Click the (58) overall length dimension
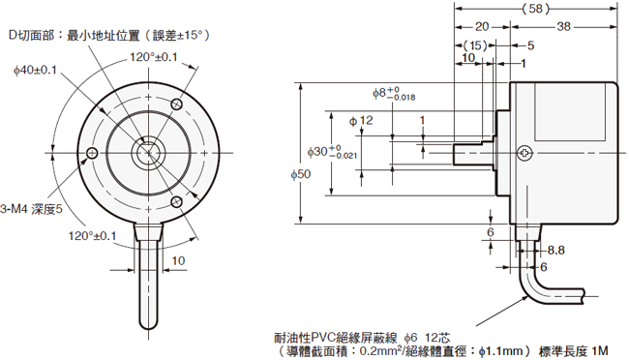click(x=535, y=9)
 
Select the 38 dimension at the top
click(x=563, y=26)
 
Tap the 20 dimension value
click(x=482, y=26)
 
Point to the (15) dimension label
click(x=475, y=45)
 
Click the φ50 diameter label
click(x=301, y=174)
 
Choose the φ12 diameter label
click(x=361, y=120)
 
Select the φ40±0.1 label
click(x=35, y=71)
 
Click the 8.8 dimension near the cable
click(x=556, y=251)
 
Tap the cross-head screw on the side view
click(x=524, y=153)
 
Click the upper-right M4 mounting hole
click(x=177, y=105)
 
